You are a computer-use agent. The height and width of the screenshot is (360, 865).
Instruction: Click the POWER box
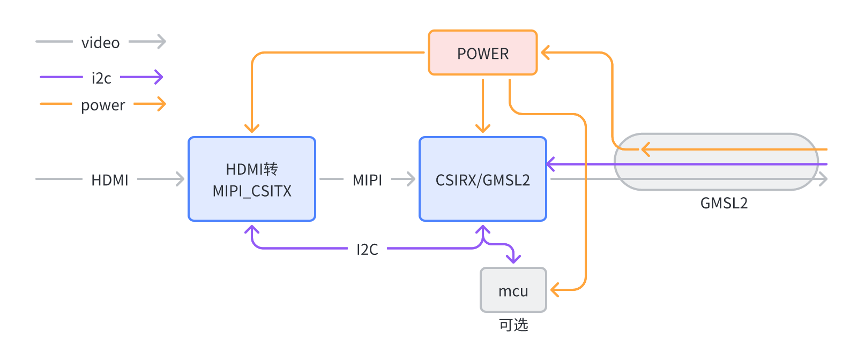pyautogui.click(x=482, y=53)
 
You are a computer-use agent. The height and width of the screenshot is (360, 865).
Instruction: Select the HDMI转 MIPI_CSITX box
pyautogui.click(x=252, y=179)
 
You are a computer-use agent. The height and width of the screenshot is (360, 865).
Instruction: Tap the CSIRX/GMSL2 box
pyautogui.click(x=482, y=179)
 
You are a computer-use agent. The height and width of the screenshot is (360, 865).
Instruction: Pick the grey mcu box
pyautogui.click(x=513, y=290)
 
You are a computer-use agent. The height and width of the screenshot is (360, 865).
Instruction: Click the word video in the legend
pyautogui.click(x=100, y=43)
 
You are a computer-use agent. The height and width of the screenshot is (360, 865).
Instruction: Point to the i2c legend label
pyautogui.click(x=101, y=78)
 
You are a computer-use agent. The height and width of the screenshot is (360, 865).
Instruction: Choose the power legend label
pyautogui.click(x=103, y=105)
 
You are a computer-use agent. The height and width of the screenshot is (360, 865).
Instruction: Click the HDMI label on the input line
pyautogui.click(x=110, y=180)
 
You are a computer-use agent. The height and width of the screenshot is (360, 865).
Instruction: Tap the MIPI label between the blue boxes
pyautogui.click(x=367, y=180)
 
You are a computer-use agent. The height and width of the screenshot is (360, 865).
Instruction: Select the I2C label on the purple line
pyautogui.click(x=367, y=249)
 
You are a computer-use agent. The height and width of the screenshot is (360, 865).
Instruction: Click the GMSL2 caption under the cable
pyautogui.click(x=724, y=203)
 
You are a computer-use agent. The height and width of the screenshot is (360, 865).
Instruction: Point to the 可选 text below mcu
pyautogui.click(x=513, y=325)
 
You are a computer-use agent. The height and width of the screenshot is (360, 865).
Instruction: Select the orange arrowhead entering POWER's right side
pyautogui.click(x=545, y=52)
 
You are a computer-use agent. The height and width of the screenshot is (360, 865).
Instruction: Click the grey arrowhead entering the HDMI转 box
pyautogui.click(x=181, y=179)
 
